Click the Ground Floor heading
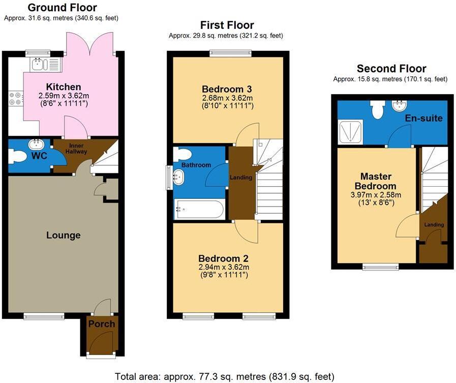coord(62,8)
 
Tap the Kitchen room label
coord(64,87)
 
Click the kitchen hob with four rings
coord(15,98)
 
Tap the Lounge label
coord(64,235)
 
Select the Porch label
coord(102,324)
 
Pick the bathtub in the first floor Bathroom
coord(199,209)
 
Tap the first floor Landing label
coord(241,178)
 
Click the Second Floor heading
coord(391,69)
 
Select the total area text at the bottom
coord(225,376)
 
